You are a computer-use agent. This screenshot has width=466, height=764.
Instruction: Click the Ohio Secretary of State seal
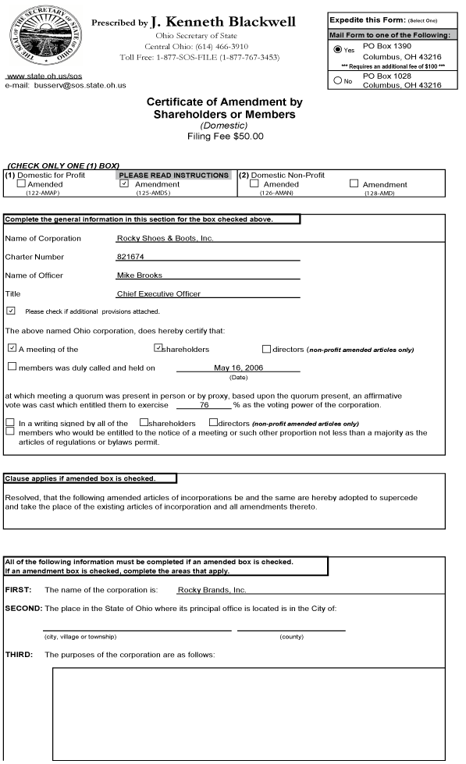pos(39,35)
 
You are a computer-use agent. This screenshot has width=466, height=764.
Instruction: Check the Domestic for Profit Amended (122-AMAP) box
pos(22,184)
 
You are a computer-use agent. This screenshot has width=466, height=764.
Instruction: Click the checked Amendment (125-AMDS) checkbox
pos(123,184)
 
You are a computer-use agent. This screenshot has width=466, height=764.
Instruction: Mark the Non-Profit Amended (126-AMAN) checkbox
pos(253,184)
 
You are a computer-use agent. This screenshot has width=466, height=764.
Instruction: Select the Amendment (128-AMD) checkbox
pos(354,184)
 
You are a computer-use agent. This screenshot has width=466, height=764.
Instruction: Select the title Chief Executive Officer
pos(158,293)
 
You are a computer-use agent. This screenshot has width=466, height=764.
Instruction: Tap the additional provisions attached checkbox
pos(10,310)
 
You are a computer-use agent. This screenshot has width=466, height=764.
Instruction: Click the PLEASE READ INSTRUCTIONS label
pos(174,175)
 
